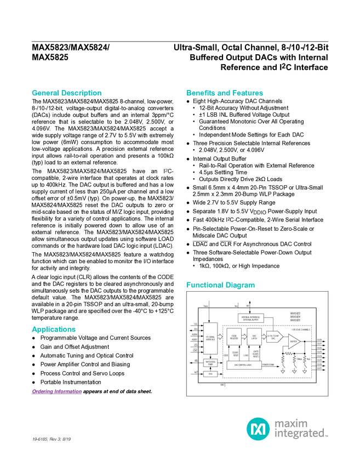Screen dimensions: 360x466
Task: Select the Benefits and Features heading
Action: point(225,93)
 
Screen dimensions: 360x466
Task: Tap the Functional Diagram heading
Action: point(220,286)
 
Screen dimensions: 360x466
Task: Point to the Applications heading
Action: point(53,329)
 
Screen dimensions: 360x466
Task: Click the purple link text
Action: point(56,392)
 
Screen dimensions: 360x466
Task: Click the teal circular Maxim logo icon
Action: point(257,428)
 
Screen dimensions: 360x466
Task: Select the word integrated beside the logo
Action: point(301,434)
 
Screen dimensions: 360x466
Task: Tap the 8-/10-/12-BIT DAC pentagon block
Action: point(273,337)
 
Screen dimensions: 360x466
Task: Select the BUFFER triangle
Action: point(294,340)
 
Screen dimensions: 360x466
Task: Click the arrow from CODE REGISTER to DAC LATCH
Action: point(244,337)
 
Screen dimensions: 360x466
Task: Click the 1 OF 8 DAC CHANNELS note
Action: point(300,330)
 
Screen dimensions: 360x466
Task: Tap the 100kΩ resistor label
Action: point(299,359)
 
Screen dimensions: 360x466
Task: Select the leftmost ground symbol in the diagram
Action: point(283,371)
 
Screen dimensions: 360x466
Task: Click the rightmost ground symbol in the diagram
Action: point(305,371)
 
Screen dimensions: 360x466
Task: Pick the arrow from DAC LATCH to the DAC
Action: point(264,337)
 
